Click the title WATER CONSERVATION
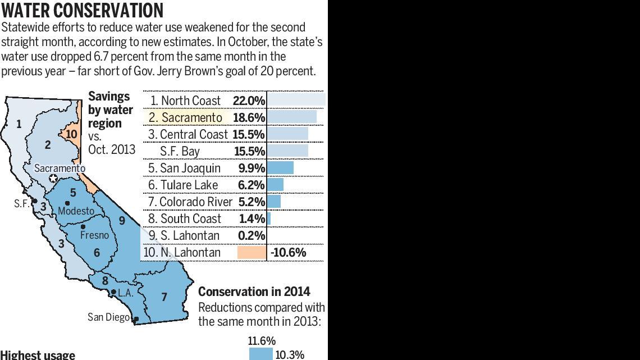tap(83, 11)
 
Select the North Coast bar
tap(296, 101)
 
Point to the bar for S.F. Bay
tap(287, 151)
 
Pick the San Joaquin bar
tap(280, 168)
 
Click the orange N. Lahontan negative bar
tap(252, 252)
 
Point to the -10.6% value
tap(288, 252)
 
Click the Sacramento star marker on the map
tap(53, 179)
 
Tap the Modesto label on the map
tap(76, 211)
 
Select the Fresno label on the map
tap(94, 235)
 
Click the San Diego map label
tap(109, 317)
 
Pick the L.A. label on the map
tap(125, 293)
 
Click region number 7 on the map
tap(164, 297)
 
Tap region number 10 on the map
tap(71, 134)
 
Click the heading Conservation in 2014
tap(254, 291)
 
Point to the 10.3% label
tap(290, 354)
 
